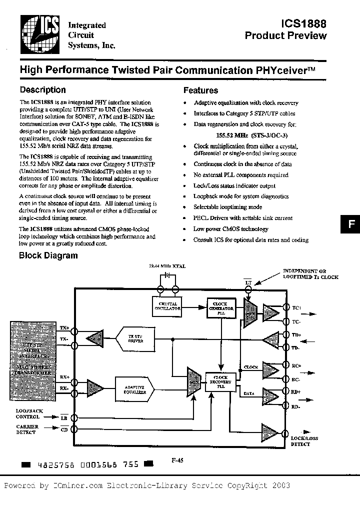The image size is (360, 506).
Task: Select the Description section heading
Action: tap(42, 90)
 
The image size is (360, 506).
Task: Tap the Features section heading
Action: tap(200, 90)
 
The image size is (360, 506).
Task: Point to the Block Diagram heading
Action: tap(48, 255)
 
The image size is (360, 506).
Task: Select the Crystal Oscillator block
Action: tap(167, 306)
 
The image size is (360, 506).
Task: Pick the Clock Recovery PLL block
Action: tap(220, 382)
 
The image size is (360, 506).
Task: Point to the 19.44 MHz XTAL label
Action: tap(167, 266)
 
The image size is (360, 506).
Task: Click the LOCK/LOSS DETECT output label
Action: tap(304, 441)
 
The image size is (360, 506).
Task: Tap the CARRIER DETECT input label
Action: tap(27, 429)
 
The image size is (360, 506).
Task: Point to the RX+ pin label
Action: tap(64, 376)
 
